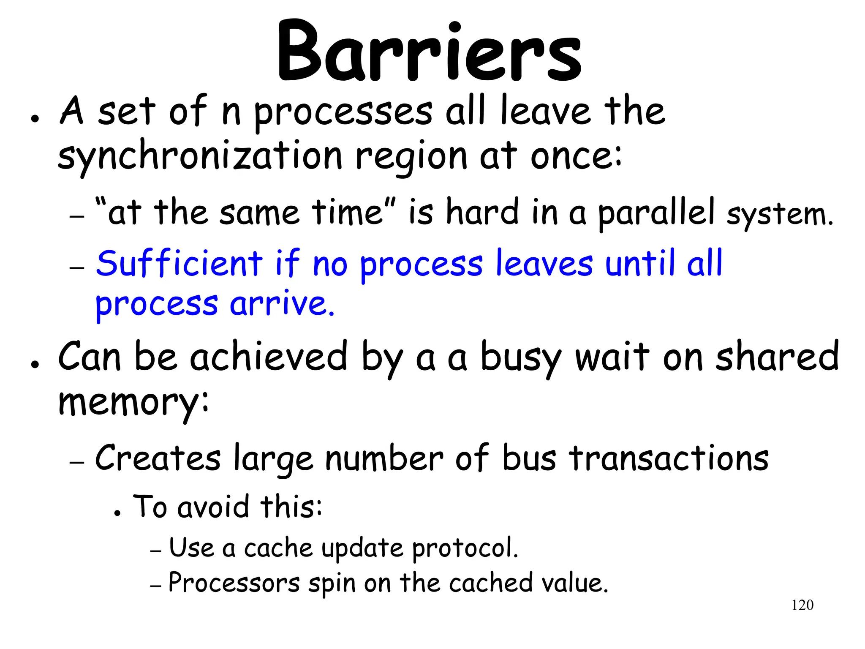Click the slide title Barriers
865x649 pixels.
(429, 52)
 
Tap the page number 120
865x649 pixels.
(802, 605)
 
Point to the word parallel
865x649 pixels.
(656, 213)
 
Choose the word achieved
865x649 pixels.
(268, 357)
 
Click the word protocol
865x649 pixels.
(465, 549)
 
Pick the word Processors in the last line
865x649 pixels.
(234, 583)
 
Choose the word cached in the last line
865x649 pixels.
(490, 583)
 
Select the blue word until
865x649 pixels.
(639, 264)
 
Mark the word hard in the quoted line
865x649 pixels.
(482, 213)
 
